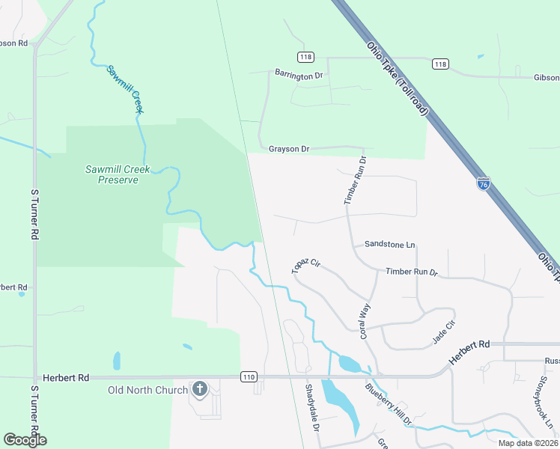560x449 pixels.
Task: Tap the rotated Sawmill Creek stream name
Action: click(x=124, y=89)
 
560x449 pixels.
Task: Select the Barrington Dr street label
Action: click(x=298, y=74)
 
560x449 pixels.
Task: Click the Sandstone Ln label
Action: click(x=389, y=245)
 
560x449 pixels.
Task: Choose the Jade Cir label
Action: click(x=444, y=332)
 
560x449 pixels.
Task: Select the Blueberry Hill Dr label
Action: click(x=389, y=406)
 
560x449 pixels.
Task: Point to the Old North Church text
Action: click(x=147, y=390)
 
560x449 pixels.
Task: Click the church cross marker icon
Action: click(x=199, y=388)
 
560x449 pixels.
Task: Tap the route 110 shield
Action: click(x=249, y=376)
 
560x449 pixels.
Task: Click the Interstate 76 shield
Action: click(x=484, y=183)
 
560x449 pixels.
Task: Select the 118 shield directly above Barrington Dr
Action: click(x=305, y=57)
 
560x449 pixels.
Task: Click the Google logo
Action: click(x=25, y=439)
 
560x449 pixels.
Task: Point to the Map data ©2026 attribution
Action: click(x=527, y=443)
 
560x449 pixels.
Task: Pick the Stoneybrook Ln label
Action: click(x=544, y=405)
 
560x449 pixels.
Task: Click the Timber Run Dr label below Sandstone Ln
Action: click(x=411, y=272)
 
